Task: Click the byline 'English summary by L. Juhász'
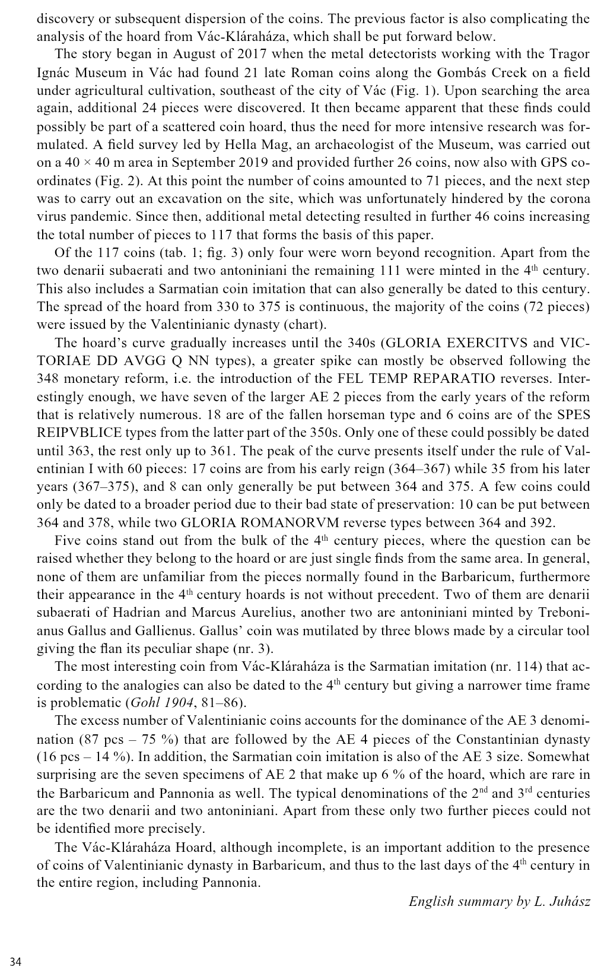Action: pyautogui.click(x=500, y=902)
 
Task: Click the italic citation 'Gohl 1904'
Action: pyautogui.click(x=161, y=703)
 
